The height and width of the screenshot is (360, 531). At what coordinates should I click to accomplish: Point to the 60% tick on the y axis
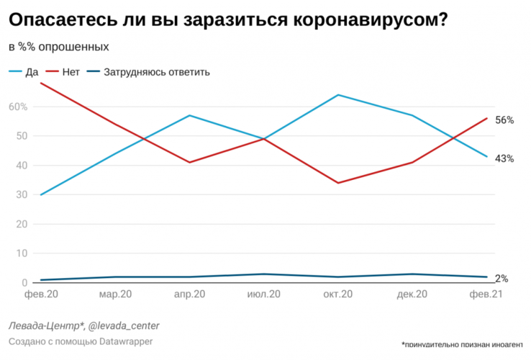point(18,107)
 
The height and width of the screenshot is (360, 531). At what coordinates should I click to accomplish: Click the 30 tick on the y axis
point(22,194)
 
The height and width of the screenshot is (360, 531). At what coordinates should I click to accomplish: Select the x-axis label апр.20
point(190,294)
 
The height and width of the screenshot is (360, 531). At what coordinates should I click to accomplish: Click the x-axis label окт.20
point(337,294)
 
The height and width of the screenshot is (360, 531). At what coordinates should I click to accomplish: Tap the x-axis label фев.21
point(485,294)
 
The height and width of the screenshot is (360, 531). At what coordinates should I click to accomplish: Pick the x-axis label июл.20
point(263,294)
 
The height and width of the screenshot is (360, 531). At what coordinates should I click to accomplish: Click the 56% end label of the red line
point(504,120)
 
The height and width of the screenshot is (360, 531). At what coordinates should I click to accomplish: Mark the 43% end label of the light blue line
point(504,158)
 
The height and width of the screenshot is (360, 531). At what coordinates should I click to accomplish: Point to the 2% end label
point(501,279)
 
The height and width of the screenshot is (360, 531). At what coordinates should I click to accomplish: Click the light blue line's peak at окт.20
point(337,95)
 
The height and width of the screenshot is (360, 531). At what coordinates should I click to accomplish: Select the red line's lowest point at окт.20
point(337,183)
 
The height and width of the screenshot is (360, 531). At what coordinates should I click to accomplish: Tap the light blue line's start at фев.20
point(42,194)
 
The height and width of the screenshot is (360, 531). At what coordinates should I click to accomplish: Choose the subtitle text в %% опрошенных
point(59,47)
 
